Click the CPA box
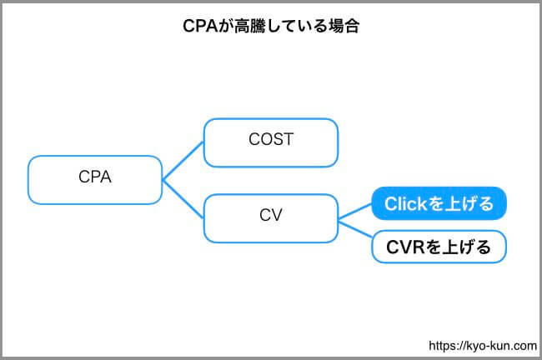coord(95,180)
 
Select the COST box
coord(271,142)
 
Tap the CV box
coord(271,218)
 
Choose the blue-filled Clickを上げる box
coord(439,203)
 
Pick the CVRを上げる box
coord(439,247)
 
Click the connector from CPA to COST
coord(183,161)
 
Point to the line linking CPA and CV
coord(183,199)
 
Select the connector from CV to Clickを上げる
coord(355,211)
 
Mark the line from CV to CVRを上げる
coord(355,229)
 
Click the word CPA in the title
coord(200,27)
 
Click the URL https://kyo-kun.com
coord(483,346)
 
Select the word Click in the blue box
coord(406,203)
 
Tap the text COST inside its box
coord(271,139)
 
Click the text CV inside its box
coord(271,215)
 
